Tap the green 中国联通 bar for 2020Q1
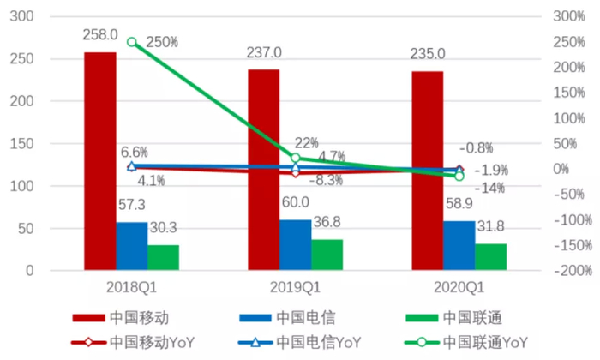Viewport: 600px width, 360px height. (x=491, y=257)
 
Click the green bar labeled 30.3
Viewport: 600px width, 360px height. (x=163, y=258)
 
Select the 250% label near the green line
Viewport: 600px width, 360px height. (x=162, y=42)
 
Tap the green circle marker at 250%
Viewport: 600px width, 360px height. (x=132, y=42)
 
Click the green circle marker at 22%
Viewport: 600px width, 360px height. (x=296, y=158)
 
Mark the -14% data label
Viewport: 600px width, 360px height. (x=490, y=188)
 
